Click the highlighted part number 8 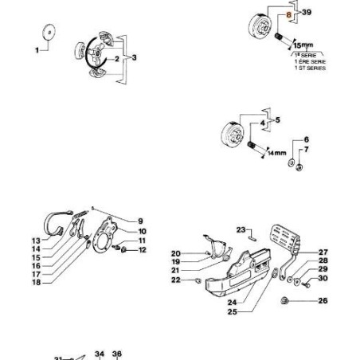click(290, 14)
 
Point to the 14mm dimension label click(276, 152)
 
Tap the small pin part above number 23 click(249, 236)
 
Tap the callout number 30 click(323, 278)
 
